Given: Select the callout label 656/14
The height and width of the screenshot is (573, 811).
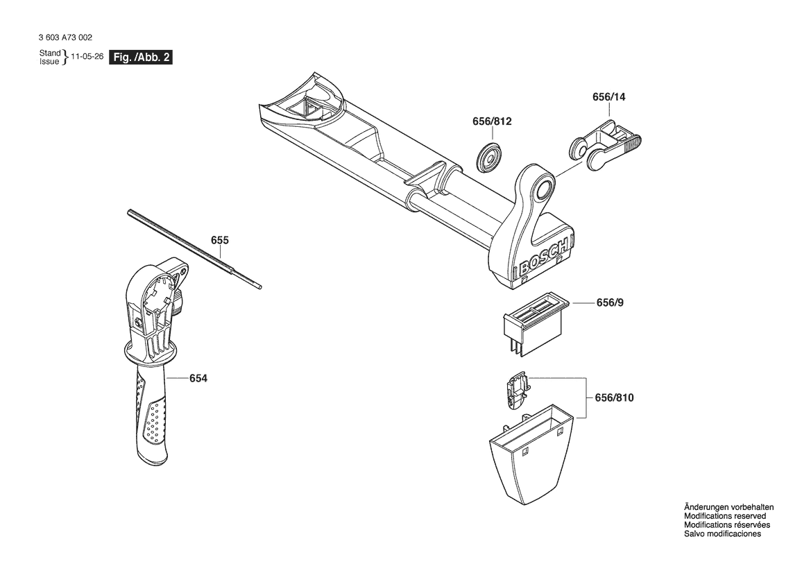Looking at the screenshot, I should (608, 97).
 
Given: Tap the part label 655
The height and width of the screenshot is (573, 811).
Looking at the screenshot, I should (219, 241).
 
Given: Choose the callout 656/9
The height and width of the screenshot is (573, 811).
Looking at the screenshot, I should (610, 303).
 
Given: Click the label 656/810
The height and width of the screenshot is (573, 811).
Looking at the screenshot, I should (614, 397).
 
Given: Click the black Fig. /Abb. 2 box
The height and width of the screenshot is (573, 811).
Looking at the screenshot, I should (141, 58).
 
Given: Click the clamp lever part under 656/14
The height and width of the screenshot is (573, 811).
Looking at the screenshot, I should (606, 145).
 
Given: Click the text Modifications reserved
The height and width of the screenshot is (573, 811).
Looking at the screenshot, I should (725, 516).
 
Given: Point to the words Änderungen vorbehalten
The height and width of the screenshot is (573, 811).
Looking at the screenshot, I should (728, 507).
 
